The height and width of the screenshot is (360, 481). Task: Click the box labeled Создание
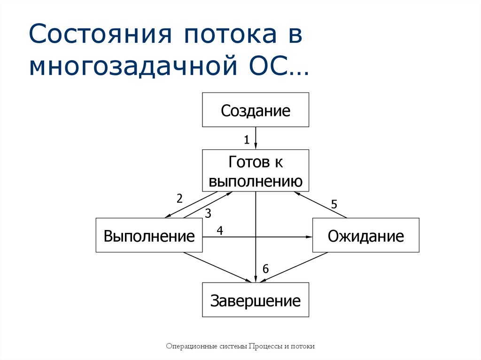[x=256, y=110]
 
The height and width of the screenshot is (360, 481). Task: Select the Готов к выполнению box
[x=256, y=170]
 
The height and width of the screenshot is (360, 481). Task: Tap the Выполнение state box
[x=149, y=235]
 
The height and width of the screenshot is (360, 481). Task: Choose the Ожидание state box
[x=365, y=235]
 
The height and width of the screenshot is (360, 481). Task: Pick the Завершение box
[x=256, y=299]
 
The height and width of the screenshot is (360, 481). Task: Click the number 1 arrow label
[x=246, y=139]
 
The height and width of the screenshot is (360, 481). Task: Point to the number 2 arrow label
[x=179, y=198]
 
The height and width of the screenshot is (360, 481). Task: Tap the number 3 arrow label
[x=208, y=214]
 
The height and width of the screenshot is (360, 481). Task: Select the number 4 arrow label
[x=219, y=230]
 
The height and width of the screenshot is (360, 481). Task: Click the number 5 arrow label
[x=334, y=204]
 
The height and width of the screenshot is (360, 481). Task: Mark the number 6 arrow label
[x=265, y=269]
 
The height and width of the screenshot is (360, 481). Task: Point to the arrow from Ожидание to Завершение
[x=295, y=268]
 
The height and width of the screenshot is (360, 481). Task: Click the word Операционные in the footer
[x=190, y=346]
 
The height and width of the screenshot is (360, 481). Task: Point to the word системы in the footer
[x=233, y=346]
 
